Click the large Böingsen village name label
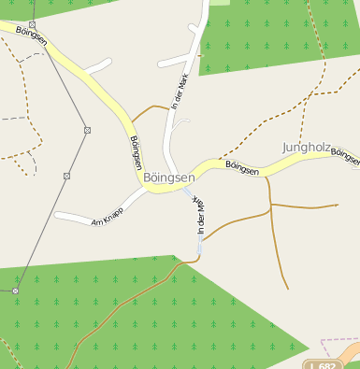pos(169,177)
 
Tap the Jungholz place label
pos(306,147)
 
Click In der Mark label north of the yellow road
pos(180,90)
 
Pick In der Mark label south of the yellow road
pos(198,215)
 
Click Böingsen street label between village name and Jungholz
pos(242,167)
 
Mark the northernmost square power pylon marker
pos(32,25)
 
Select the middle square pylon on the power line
pos(86,129)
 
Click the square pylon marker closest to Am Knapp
pos(67,176)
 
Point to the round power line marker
pos(15,291)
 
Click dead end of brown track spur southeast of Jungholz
pos(336,205)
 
